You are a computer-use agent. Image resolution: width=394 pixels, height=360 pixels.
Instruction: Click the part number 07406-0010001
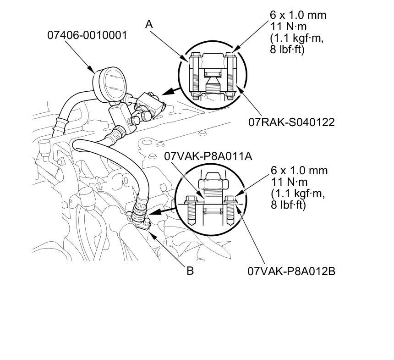pyautogui.click(x=87, y=35)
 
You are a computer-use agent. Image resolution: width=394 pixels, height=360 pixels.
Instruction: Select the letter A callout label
pyautogui.click(x=149, y=24)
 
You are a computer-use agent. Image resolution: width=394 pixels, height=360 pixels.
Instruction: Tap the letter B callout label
pyautogui.click(x=190, y=271)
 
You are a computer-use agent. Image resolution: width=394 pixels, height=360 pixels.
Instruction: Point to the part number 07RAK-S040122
pyautogui.click(x=291, y=122)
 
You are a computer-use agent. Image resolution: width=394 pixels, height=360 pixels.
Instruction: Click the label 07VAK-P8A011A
pyautogui.click(x=208, y=156)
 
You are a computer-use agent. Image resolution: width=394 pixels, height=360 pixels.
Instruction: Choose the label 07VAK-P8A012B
pyautogui.click(x=291, y=271)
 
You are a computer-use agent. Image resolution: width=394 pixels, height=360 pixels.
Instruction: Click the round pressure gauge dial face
pyautogui.click(x=113, y=84)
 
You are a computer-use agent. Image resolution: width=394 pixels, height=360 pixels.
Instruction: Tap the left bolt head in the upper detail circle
pyautogui.click(x=195, y=55)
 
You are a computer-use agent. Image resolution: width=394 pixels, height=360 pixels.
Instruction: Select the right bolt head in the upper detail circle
pyautogui.click(x=230, y=55)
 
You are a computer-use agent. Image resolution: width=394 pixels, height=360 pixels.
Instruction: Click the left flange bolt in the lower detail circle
pyautogui.click(x=191, y=210)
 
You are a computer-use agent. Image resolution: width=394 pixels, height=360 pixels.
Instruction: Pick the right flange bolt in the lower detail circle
pyautogui.click(x=230, y=210)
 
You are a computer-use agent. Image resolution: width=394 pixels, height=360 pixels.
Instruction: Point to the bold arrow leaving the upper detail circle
pyautogui.click(x=171, y=91)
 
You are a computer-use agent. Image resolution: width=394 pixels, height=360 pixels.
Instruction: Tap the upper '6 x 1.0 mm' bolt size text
pyautogui.click(x=298, y=15)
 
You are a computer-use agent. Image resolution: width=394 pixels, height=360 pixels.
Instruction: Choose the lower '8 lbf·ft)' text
pyautogui.click(x=288, y=205)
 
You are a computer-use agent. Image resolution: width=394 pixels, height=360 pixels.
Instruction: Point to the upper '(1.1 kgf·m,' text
pyautogui.click(x=296, y=38)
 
